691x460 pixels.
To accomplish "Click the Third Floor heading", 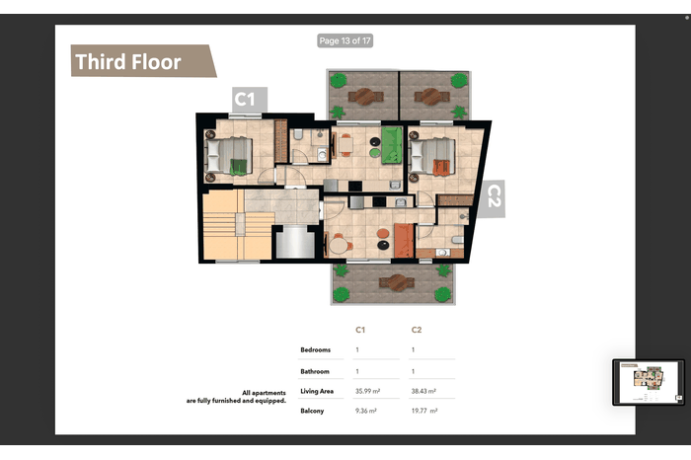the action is tap(128, 61).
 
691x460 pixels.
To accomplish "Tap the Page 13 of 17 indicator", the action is tap(345, 41).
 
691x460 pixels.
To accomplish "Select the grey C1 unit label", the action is tap(250, 100).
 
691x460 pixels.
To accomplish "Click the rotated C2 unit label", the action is tap(494, 198).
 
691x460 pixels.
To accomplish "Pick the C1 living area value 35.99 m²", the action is tap(367, 391).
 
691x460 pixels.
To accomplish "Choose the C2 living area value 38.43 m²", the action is tap(423, 391).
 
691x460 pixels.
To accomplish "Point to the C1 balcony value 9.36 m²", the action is tap(366, 411).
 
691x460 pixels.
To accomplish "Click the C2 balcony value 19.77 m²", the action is tap(424, 411).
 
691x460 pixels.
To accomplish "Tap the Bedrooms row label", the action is tap(316, 349).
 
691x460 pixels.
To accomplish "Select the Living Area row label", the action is tap(317, 391).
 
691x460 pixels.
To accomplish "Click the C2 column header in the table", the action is tap(417, 330).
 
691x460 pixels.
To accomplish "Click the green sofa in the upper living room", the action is tap(392, 145).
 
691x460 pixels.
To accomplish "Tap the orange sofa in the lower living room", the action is tap(404, 241).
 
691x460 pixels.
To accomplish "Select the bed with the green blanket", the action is tap(230, 155).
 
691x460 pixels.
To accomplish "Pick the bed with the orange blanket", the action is tap(432, 156).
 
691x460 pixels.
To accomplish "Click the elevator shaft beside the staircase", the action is tap(295, 242).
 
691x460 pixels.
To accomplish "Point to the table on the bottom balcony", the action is tap(397, 283).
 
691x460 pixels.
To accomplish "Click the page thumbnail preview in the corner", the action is tap(649, 382).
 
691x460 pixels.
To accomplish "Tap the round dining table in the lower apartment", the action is tap(339, 246).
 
